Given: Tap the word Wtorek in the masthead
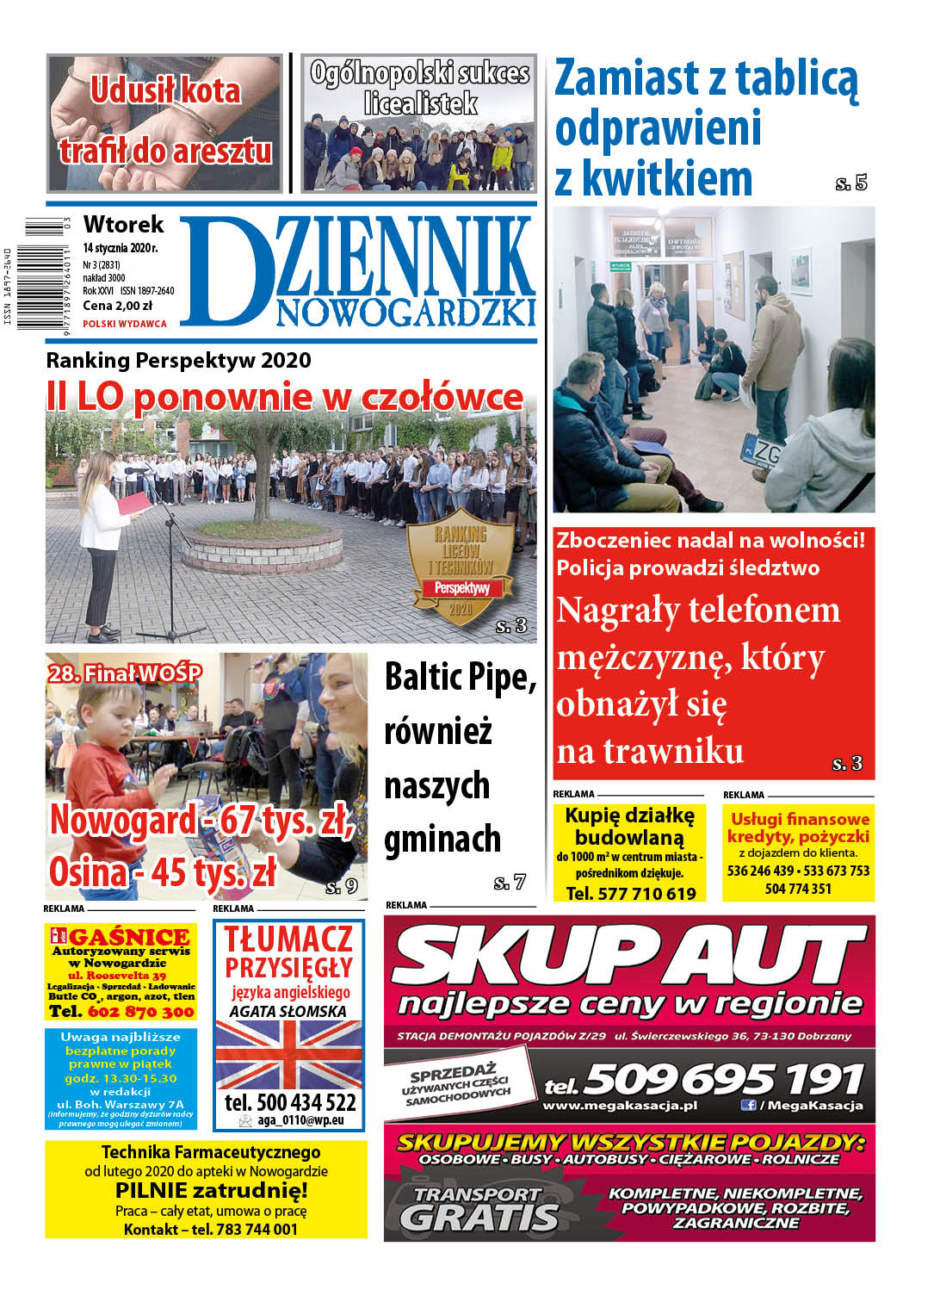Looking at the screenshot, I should (123, 225).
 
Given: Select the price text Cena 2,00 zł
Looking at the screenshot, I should (117, 306).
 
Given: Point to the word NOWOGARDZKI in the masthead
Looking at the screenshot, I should (405, 313).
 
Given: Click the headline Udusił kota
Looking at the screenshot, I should (165, 90).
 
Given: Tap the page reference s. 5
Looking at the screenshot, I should (850, 183).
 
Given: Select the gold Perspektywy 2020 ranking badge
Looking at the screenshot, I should (461, 568).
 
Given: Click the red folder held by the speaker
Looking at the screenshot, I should (135, 503).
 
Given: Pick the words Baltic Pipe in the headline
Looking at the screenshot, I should (460, 677).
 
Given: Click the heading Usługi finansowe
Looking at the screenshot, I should (800, 819).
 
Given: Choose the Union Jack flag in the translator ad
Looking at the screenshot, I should (288, 1055).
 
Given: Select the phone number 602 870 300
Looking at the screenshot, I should (140, 1012).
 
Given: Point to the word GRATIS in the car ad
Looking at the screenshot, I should (479, 1218).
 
